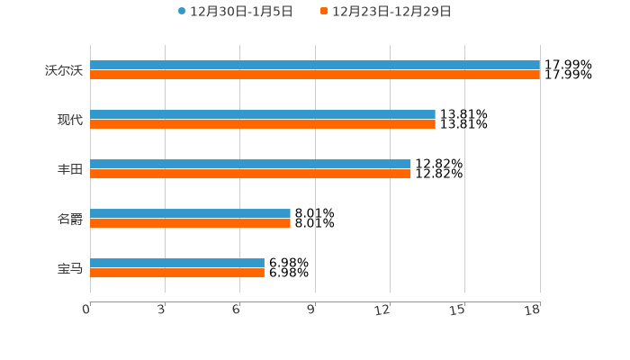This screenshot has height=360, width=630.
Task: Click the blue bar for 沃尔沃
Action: click(315, 65)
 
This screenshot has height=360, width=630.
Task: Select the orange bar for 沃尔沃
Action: click(315, 76)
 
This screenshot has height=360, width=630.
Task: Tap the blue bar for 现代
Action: click(263, 114)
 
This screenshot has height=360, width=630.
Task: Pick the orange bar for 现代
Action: click(263, 125)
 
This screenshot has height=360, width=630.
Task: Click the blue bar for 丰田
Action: click(250, 164)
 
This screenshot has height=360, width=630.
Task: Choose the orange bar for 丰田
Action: click(250, 175)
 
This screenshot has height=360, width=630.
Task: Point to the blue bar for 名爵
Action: click(190, 213)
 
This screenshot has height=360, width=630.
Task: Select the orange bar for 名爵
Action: click(190, 224)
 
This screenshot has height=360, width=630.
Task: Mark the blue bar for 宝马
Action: click(177, 263)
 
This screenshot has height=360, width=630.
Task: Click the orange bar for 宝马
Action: click(177, 274)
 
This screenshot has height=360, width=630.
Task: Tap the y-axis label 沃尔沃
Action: click(64, 70)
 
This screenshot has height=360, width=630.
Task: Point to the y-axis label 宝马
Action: click(69, 268)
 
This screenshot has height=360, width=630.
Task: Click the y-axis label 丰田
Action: click(69, 169)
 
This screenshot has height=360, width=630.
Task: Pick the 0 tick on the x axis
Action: click(86, 310)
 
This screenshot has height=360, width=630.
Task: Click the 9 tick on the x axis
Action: click(311, 310)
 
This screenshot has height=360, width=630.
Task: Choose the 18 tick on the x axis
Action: click(533, 310)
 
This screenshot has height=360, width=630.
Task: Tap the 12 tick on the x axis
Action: click(383, 310)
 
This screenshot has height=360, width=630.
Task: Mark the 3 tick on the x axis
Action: click(161, 310)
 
